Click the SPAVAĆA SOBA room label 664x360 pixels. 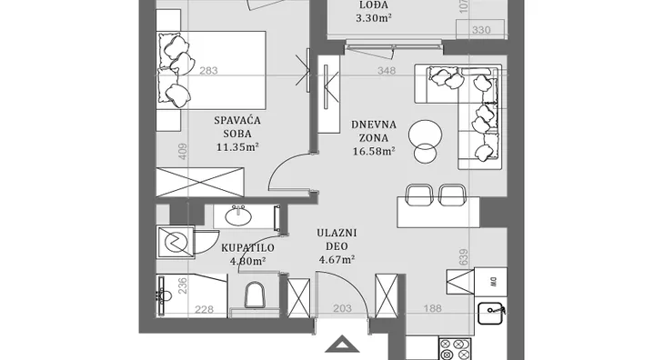pyautogui.click(x=237, y=127)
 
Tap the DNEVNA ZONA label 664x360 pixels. pyautogui.click(x=374, y=131)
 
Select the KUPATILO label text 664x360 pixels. pyautogui.click(x=247, y=248)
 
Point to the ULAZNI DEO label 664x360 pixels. pyautogui.click(x=337, y=239)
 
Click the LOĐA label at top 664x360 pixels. pyautogui.click(x=374, y=5)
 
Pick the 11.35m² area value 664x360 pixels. pyautogui.click(x=237, y=146)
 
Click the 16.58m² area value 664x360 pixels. pyautogui.click(x=374, y=151)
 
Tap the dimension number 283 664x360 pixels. pyautogui.click(x=208, y=71)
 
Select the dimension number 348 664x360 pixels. pyautogui.click(x=387, y=71)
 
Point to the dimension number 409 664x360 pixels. pyautogui.click(x=183, y=152)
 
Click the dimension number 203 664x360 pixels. pyautogui.click(x=342, y=309)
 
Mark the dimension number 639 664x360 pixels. pyautogui.click(x=464, y=257)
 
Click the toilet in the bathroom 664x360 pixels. pyautogui.click(x=255, y=295)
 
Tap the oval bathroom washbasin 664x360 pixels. pyautogui.click(x=238, y=216)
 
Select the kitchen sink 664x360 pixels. pyautogui.click(x=490, y=313)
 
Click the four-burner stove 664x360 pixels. pyautogui.click(x=455, y=349)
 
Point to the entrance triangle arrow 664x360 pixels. pyautogui.click(x=342, y=345)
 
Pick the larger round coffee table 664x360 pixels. pyautogui.click(x=425, y=135)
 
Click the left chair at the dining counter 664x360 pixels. pyautogui.click(x=419, y=194)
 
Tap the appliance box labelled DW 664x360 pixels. pyautogui.click(x=490, y=281)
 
